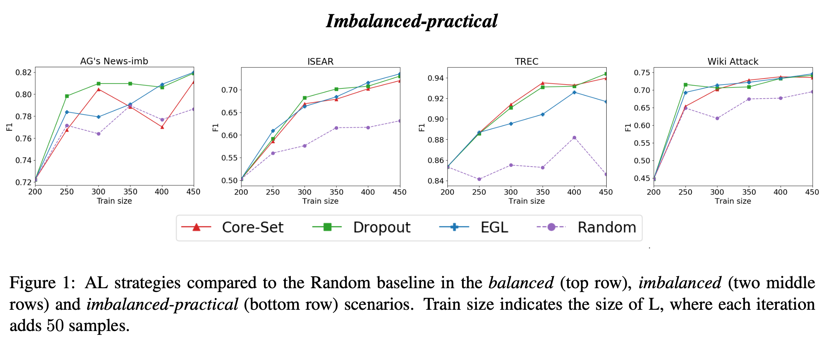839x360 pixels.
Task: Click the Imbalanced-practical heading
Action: pyautogui.click(x=412, y=21)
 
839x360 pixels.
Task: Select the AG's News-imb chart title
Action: pyautogui.click(x=114, y=61)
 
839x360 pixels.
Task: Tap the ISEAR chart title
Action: pyautogui.click(x=320, y=62)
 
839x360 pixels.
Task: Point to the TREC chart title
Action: pyautogui.click(x=526, y=62)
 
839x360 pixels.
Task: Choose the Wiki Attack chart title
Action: pyautogui.click(x=733, y=62)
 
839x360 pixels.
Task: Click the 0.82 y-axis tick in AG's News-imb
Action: pyautogui.click(x=23, y=72)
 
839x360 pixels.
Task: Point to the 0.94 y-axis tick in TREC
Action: pyautogui.click(x=436, y=78)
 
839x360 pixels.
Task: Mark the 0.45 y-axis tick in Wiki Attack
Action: pyautogui.click(x=642, y=179)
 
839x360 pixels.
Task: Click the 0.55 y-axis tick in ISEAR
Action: pyautogui.click(x=230, y=158)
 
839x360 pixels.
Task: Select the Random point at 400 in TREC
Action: pyautogui.click(x=574, y=138)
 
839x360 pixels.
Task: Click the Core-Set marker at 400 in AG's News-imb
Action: pyautogui.click(x=162, y=127)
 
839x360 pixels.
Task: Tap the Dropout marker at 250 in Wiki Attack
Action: pyautogui.click(x=685, y=85)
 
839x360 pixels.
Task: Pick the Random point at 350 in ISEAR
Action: pyautogui.click(x=336, y=128)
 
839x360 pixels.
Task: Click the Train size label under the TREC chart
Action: pyautogui.click(x=526, y=201)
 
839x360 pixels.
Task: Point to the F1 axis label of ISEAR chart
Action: pyautogui.click(x=215, y=127)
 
